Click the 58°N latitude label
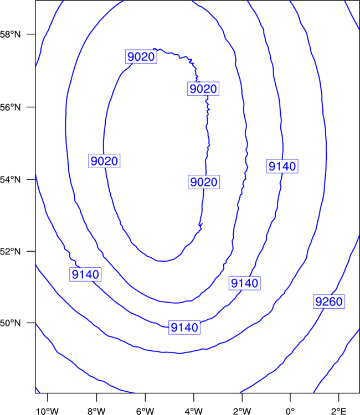click(10, 34)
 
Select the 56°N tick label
click(10, 107)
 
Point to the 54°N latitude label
click(10, 180)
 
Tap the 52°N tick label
click(10, 251)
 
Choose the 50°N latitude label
click(10, 323)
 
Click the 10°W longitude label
click(47, 411)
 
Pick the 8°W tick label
click(96, 411)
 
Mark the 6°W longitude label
click(145, 411)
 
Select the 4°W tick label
click(194, 411)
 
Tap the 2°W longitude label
click(242, 411)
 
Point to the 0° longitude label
click(290, 411)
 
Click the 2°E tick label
click(338, 411)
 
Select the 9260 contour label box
click(329, 302)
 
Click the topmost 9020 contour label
click(141, 56)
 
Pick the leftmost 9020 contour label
click(104, 161)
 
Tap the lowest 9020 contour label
click(204, 182)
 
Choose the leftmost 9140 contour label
click(85, 274)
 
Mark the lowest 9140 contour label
click(184, 328)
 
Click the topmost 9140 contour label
click(282, 166)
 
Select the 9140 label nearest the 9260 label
click(244, 283)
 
